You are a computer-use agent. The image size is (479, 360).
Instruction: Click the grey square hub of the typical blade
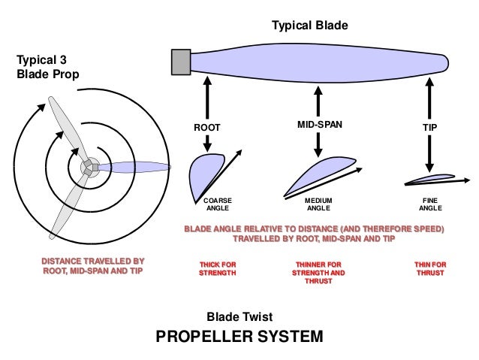[x=182, y=62]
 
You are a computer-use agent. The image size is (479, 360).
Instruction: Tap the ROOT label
[x=207, y=128]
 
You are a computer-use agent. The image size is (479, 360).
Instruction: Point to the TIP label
[x=429, y=128]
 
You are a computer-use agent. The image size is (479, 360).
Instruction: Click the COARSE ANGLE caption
[x=218, y=204]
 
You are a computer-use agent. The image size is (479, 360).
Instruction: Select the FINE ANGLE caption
[x=430, y=204]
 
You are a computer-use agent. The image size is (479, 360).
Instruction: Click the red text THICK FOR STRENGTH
[x=218, y=269]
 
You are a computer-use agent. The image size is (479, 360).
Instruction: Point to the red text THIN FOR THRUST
[x=430, y=269]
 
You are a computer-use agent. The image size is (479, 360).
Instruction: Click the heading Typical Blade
[x=309, y=26]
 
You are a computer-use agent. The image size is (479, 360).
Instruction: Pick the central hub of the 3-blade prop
[x=89, y=167]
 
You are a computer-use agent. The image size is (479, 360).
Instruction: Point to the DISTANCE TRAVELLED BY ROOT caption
[x=92, y=267]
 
